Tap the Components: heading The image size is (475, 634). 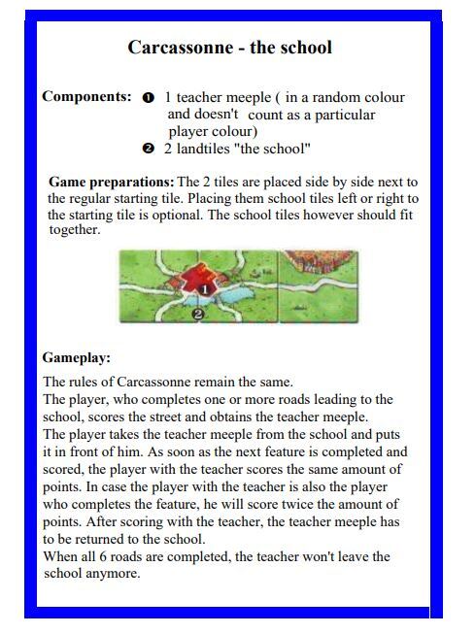point(86,97)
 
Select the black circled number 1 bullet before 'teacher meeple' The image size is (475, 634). point(148,99)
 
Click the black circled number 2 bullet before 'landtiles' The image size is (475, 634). point(148,150)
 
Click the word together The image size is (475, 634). point(75,231)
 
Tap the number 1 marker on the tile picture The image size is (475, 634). point(206,288)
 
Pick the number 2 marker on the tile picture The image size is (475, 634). point(198,314)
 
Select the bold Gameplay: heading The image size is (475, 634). point(76,358)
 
